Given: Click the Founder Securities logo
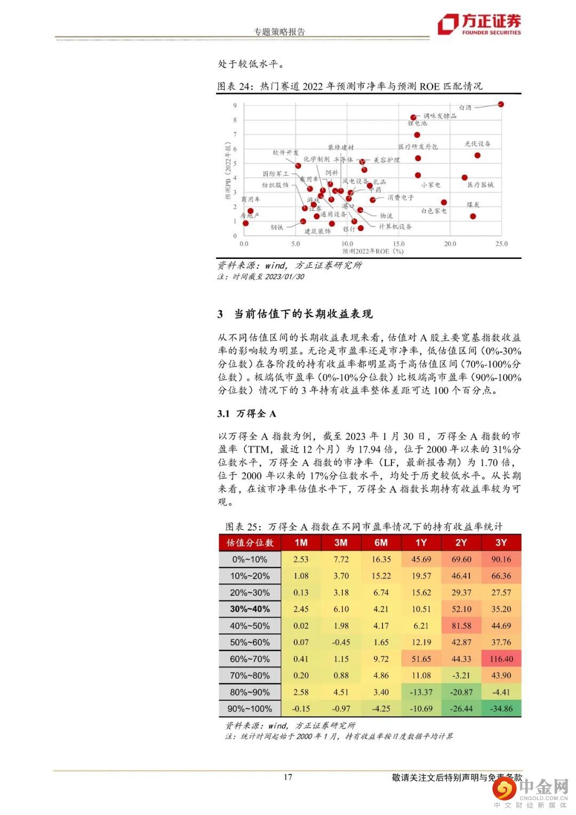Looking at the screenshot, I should pos(479,24).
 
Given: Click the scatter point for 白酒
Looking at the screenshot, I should pos(501,104).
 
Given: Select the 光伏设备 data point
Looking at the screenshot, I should pos(477,155).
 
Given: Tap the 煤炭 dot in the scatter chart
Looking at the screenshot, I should pos(473,216).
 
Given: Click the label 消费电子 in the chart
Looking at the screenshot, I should pos(400,197).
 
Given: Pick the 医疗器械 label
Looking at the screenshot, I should pos(481,185).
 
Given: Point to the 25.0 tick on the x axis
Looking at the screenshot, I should pos(501,244).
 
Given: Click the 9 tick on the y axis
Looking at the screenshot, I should pos(235,106).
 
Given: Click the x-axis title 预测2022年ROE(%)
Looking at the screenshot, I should pos(373,251).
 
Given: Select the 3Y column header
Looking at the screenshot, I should pos(501,542).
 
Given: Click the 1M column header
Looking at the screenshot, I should pos(301,542).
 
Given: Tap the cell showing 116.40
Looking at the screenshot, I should pos(501,659).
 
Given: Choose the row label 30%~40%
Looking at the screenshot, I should pos(250,609).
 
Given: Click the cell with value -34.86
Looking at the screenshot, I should pos(501,709).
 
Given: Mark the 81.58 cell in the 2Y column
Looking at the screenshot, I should pos(461,626).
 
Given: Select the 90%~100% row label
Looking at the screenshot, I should pos(250,709).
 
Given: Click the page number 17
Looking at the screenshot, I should pos(288,777).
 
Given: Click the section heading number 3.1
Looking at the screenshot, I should pos(223,414).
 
